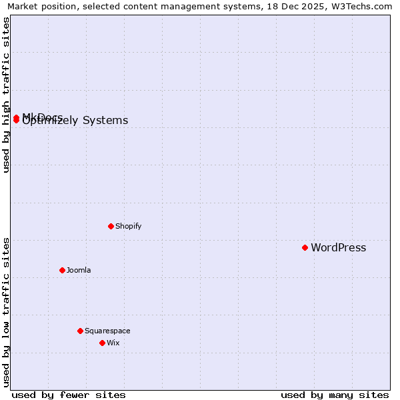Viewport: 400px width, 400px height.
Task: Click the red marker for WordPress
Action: click(305, 247)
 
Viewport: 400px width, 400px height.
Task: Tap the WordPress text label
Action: click(338, 248)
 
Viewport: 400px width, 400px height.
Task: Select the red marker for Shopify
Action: click(111, 226)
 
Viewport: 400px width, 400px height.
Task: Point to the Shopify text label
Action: click(128, 226)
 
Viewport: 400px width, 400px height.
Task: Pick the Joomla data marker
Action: click(62, 270)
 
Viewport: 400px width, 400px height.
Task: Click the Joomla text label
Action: click(79, 270)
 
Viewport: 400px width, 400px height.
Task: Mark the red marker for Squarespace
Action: click(80, 331)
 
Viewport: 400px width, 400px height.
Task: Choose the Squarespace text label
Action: click(107, 331)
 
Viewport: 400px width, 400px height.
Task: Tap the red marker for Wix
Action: click(102, 343)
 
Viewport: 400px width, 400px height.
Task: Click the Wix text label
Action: click(113, 343)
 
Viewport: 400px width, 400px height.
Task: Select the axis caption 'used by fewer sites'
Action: click(69, 395)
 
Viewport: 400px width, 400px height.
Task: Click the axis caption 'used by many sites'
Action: click(335, 395)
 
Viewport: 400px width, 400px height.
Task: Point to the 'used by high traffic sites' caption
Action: click(6, 95)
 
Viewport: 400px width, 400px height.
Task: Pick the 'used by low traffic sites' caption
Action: click(6, 312)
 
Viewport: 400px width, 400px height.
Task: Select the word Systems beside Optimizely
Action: click(105, 121)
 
